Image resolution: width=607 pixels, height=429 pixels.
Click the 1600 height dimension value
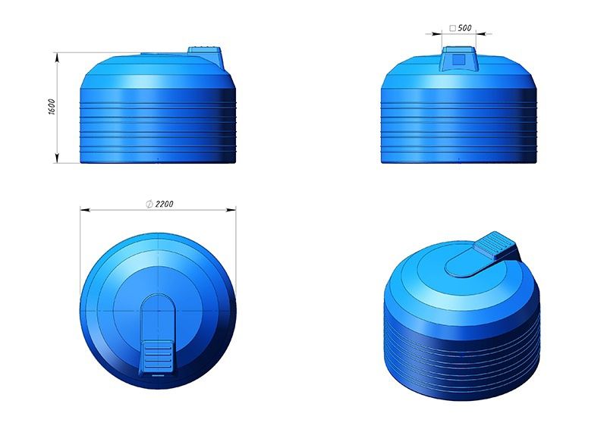click(x=52, y=107)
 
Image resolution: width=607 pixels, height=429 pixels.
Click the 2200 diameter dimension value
click(x=164, y=204)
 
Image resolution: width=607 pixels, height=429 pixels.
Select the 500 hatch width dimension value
click(x=464, y=28)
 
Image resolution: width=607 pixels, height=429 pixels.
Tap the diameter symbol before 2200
click(x=149, y=204)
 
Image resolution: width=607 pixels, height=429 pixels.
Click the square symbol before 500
click(x=452, y=28)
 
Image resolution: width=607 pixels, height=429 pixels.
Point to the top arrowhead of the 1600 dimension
click(x=58, y=58)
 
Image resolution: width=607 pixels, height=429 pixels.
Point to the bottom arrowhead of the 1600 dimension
click(x=58, y=158)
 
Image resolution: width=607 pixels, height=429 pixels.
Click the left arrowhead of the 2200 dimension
click(x=85, y=210)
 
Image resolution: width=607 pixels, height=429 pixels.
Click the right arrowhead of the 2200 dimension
click(x=231, y=210)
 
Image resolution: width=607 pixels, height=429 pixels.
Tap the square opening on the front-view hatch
click(x=459, y=60)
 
